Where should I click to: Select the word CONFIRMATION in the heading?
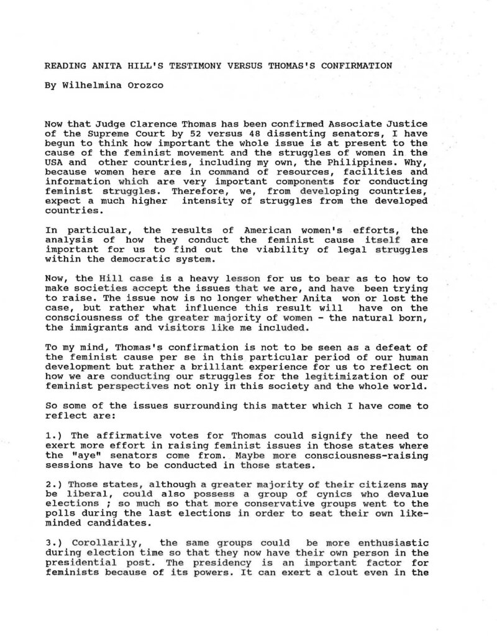click(357, 65)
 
